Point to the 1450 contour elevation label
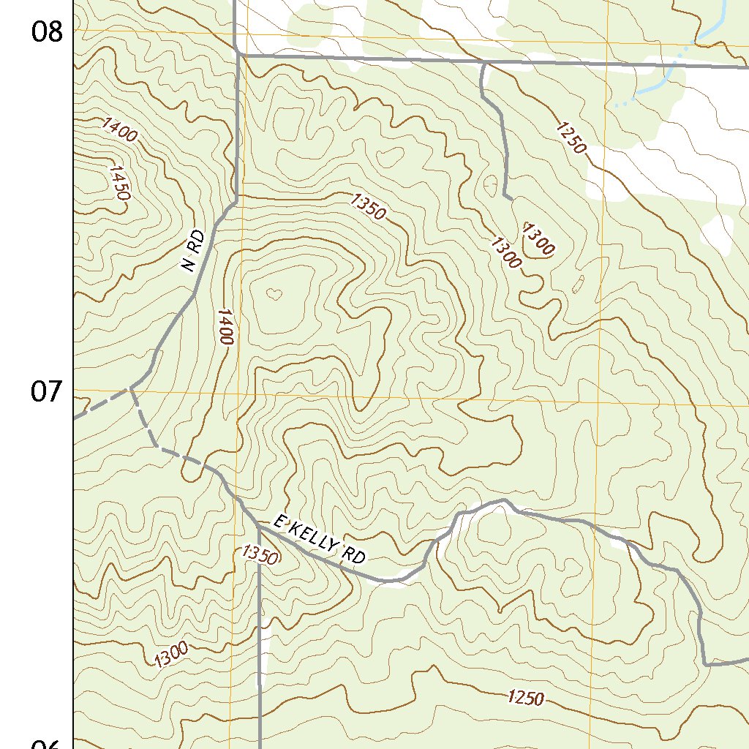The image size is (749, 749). point(118,183)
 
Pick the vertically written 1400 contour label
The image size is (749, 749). point(225,327)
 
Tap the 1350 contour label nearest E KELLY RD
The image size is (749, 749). point(259,555)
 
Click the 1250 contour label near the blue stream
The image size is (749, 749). point(571,138)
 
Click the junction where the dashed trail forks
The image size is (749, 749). point(132,388)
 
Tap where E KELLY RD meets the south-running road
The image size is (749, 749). point(259,525)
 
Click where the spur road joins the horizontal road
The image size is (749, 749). point(483,64)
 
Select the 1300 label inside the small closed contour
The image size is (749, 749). point(538,239)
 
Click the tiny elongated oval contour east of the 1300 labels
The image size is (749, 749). point(579,282)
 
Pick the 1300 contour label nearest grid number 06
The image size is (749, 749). point(171,654)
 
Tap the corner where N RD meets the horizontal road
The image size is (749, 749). point(238,53)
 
